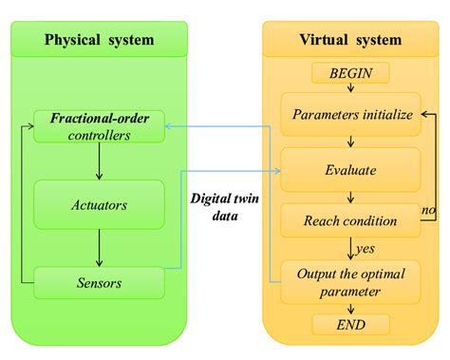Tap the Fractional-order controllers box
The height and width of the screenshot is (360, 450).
99,126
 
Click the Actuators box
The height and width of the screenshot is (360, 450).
99,203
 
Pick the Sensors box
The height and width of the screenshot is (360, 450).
99,281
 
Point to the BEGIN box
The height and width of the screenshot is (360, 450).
351,72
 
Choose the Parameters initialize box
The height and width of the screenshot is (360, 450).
351,117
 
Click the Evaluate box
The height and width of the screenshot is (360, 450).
351,172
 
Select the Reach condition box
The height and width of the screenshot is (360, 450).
351,221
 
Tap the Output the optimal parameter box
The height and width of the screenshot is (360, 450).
351,282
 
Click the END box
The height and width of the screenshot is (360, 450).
351,324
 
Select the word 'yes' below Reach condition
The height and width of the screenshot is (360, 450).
364,248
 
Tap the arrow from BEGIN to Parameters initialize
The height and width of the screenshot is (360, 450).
351,89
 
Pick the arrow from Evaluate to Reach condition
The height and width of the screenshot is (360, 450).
351,198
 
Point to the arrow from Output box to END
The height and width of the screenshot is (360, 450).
351,308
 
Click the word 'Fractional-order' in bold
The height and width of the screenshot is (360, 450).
99,119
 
